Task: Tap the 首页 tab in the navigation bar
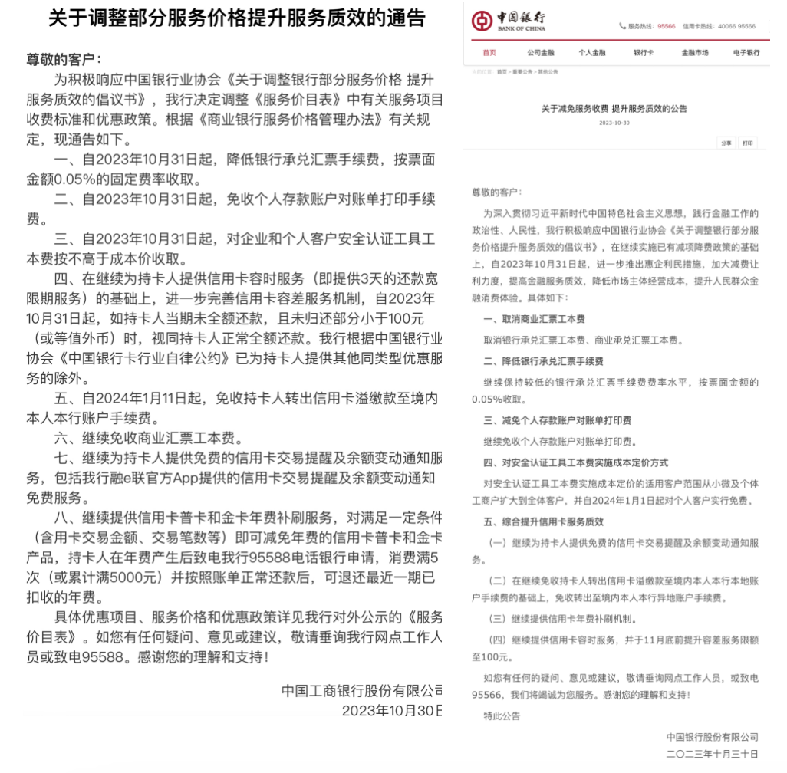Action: (x=489, y=53)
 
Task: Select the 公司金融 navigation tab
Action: (x=540, y=53)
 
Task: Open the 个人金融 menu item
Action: (x=592, y=53)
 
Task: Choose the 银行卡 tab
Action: (x=643, y=53)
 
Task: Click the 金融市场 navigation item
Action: (x=695, y=53)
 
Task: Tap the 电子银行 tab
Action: (x=746, y=53)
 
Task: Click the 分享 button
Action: (x=726, y=143)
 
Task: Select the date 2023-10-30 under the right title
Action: (x=614, y=123)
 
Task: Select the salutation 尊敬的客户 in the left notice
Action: (x=64, y=59)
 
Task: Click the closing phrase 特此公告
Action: (x=502, y=715)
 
